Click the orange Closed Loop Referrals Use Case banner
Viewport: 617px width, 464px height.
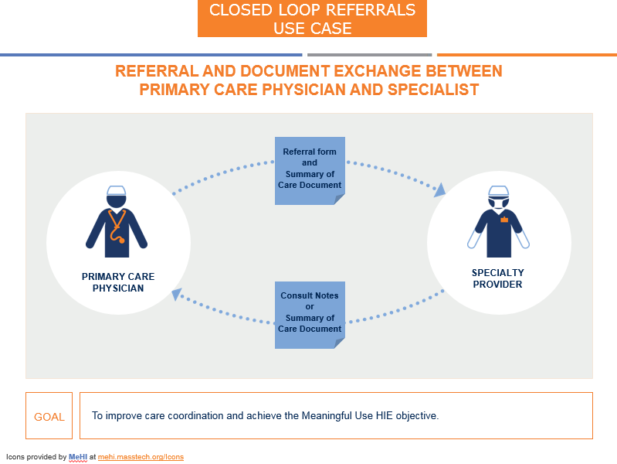point(312,19)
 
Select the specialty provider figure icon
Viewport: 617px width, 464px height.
point(499,223)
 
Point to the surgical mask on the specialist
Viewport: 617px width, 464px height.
point(499,203)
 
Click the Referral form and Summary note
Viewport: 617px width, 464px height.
point(310,169)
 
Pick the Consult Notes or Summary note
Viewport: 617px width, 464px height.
point(310,313)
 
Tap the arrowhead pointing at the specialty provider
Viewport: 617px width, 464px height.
point(440,189)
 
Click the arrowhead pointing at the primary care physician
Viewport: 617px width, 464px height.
point(177,293)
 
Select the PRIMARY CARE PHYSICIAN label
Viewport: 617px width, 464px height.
point(118,282)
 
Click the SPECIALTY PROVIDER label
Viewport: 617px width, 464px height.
point(498,278)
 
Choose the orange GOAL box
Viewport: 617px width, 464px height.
point(49,416)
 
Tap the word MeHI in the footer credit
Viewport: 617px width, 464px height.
point(78,457)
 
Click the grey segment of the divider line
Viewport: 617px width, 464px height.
point(369,55)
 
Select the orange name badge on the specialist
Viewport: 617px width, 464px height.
point(504,220)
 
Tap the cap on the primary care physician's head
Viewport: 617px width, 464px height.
point(117,190)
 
